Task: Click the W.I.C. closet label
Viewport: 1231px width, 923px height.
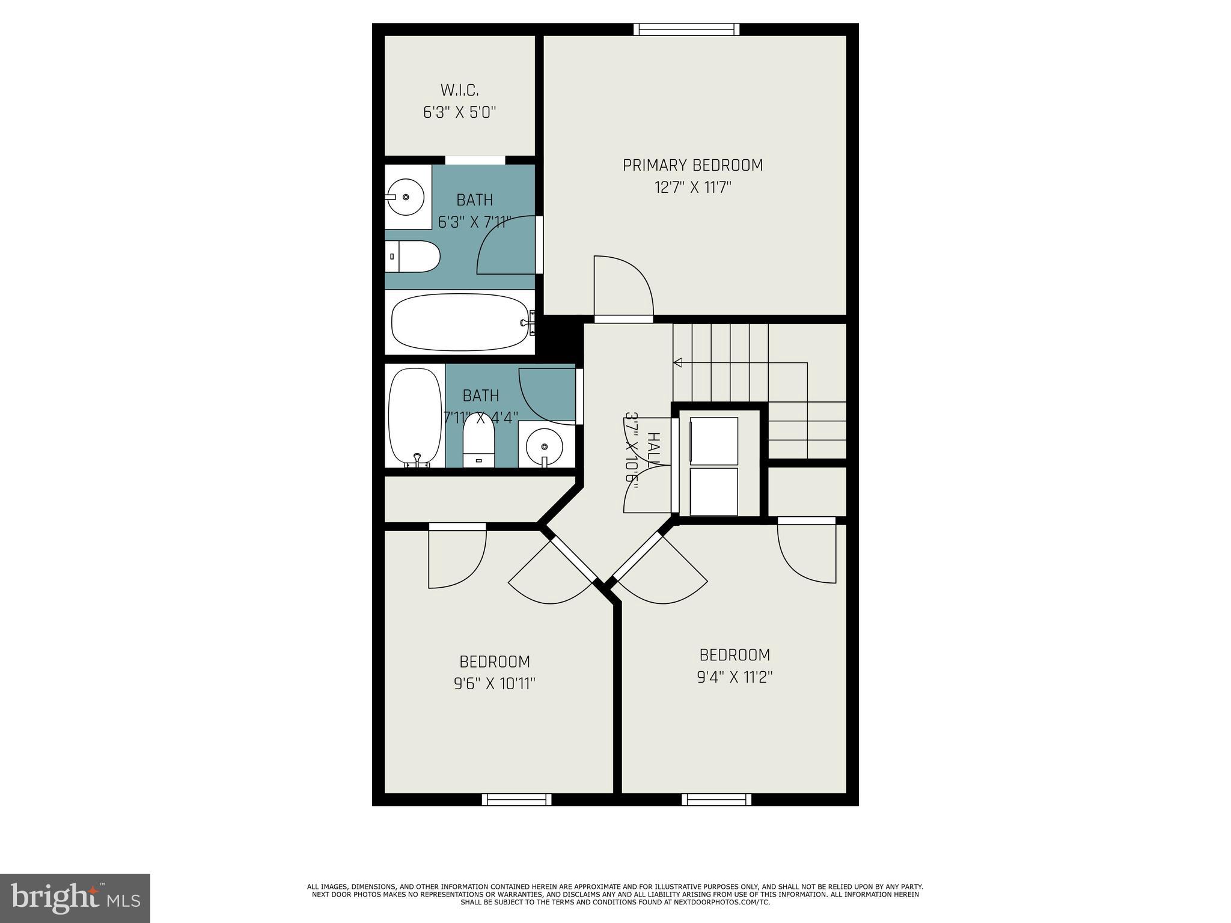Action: [460, 90]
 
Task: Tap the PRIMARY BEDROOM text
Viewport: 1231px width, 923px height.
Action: [692, 165]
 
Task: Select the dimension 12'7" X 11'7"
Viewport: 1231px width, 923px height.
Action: [692, 188]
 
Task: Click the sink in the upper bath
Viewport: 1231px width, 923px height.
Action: [405, 196]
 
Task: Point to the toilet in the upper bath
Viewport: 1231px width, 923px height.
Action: [412, 256]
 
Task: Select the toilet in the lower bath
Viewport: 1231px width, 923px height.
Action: [478, 443]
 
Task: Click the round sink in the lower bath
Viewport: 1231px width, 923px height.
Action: [545, 446]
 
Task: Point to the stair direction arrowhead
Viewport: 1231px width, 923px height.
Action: [677, 362]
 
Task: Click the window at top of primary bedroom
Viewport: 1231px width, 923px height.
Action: [686, 29]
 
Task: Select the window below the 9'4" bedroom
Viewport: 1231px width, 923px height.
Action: [716, 799]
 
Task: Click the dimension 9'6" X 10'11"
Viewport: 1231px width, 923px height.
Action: [495, 684]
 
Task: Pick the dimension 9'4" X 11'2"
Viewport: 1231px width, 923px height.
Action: [735, 677]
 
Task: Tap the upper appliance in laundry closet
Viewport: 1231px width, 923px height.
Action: [713, 440]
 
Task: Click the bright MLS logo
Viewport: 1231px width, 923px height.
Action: [75, 898]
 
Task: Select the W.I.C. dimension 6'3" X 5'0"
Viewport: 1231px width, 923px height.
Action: [460, 113]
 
